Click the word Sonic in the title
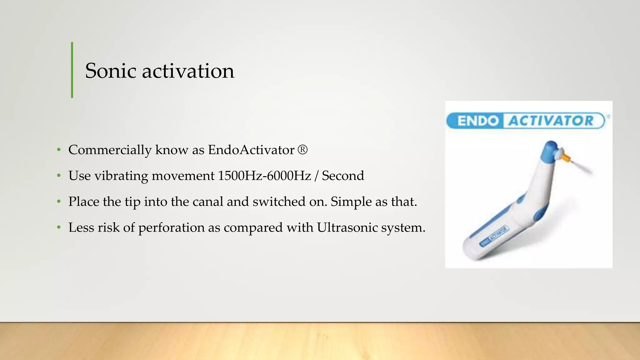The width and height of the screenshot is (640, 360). click(x=111, y=71)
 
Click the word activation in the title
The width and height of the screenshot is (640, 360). click(x=188, y=71)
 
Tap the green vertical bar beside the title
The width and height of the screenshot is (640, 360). click(x=72, y=70)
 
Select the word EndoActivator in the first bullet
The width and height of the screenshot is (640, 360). click(x=251, y=150)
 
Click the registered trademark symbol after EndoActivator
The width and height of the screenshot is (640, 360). click(x=302, y=150)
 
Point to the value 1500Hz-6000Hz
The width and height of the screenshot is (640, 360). click(x=264, y=176)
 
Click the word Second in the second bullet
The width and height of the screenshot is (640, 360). click(x=343, y=176)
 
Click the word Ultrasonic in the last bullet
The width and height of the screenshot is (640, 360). click(x=347, y=227)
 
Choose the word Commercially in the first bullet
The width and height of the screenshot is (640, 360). click(x=110, y=150)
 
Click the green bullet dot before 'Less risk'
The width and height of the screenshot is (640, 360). click(x=59, y=228)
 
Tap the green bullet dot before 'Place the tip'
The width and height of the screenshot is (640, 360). click(x=59, y=202)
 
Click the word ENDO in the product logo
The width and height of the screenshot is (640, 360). click(x=478, y=121)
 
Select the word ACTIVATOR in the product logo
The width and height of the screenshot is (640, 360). click(x=551, y=121)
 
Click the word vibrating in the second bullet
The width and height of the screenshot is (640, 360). click(x=121, y=176)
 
